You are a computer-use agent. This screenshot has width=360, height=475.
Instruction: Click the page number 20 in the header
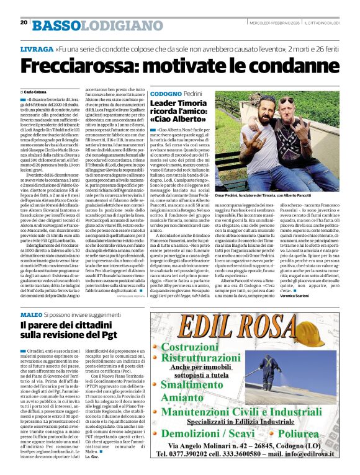coord(24,22)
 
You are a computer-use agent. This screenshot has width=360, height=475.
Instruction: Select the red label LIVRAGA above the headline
coord(36,48)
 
